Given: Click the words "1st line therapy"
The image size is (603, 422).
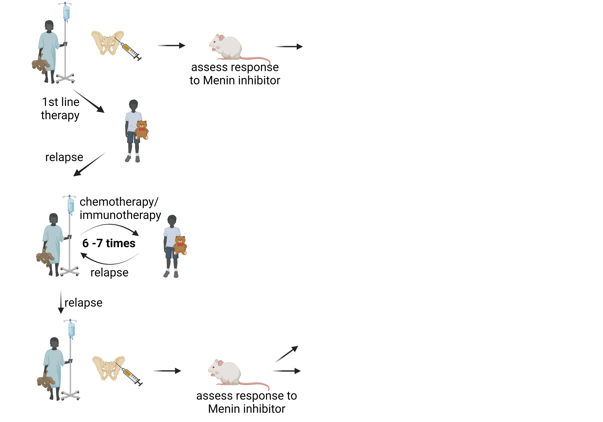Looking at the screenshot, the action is (60, 109).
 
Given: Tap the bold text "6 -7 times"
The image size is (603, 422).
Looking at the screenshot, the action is (109, 243).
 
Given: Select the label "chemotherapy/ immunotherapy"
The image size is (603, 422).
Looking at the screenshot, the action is (120, 208).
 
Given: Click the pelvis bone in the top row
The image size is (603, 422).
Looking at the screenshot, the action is (107, 43).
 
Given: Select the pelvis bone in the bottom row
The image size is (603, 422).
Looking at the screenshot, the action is (108, 368).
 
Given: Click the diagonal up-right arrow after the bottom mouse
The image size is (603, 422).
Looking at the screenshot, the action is (287, 354).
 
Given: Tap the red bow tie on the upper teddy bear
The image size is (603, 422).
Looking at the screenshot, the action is (142, 129).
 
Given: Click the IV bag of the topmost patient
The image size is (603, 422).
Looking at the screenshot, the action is (66, 12).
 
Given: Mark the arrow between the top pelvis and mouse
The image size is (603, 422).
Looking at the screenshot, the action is (171, 45).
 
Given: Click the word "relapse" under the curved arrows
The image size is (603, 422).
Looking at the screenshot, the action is (110, 272).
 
